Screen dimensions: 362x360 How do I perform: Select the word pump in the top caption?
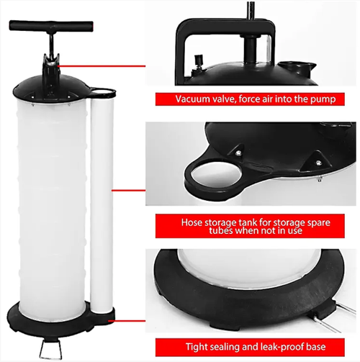[x=330, y=99]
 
